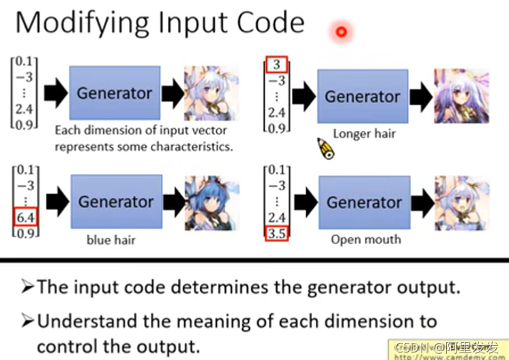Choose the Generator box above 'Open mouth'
pyautogui.click(x=364, y=202)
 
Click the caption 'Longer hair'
pyautogui.click(x=364, y=134)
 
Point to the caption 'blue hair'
pyautogui.click(x=109, y=240)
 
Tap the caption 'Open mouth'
pyautogui.click(x=366, y=239)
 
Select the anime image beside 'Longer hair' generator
pyautogui.click(x=461, y=95)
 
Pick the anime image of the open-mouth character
pyautogui.click(x=461, y=202)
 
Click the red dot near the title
pyautogui.click(x=341, y=31)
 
